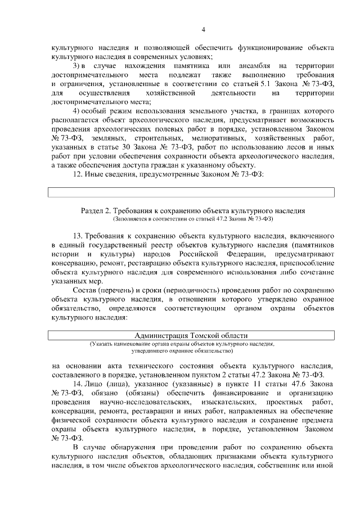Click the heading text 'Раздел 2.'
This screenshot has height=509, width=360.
tap(96, 210)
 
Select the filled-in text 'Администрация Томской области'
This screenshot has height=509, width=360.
tap(191, 335)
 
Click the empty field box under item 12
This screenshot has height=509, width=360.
tap(191, 192)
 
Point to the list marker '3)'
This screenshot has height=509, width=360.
tap(78, 66)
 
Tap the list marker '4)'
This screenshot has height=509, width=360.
tap(78, 111)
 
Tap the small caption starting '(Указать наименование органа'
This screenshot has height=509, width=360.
tap(181, 344)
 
